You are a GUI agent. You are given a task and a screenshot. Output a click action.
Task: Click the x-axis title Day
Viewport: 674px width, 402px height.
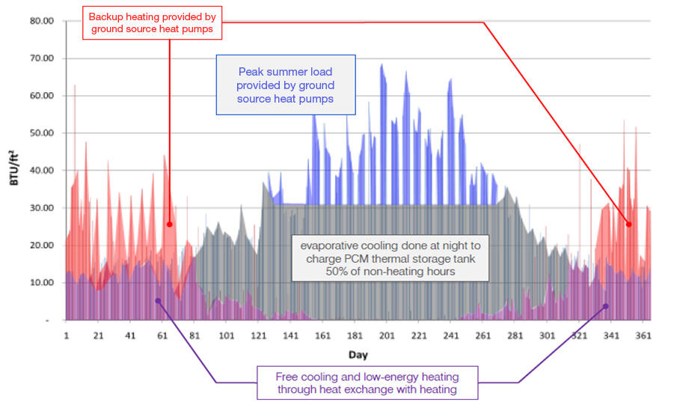tap(357, 353)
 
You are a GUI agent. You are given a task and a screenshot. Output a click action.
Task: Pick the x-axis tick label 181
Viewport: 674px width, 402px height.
tap(355, 336)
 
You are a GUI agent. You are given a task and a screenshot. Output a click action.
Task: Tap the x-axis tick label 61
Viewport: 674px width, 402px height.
tap(163, 336)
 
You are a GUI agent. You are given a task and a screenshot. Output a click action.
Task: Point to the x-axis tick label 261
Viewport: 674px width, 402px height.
tap(483, 336)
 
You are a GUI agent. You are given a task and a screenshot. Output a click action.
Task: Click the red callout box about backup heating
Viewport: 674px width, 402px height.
tap(153, 22)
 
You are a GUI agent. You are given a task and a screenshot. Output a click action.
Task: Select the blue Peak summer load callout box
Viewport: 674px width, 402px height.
tap(286, 85)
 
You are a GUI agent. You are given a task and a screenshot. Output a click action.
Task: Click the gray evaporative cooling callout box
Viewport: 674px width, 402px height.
tap(390, 258)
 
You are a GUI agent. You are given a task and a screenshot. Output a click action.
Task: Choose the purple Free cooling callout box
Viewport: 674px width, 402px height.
tap(367, 383)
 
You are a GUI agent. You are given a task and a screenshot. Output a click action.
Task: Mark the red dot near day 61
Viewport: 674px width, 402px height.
tap(170, 224)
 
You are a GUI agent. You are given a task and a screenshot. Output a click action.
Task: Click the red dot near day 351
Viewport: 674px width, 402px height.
tap(629, 224)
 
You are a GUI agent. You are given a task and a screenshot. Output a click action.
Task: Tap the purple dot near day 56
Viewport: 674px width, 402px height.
tap(158, 300)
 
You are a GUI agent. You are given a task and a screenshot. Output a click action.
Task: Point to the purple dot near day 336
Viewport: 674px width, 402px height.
tap(606, 306)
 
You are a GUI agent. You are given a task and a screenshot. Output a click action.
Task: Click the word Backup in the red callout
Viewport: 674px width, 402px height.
tap(106, 16)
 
